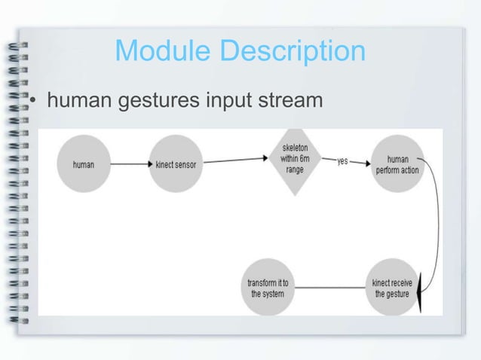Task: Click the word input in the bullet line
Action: coord(225,99)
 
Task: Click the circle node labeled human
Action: coord(84,164)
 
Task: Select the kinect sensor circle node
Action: coord(176,164)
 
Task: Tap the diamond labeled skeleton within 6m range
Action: coord(294,160)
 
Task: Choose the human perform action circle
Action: coord(397,164)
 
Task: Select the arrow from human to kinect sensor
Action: coord(130,163)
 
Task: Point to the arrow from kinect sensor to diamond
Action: coord(235,160)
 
